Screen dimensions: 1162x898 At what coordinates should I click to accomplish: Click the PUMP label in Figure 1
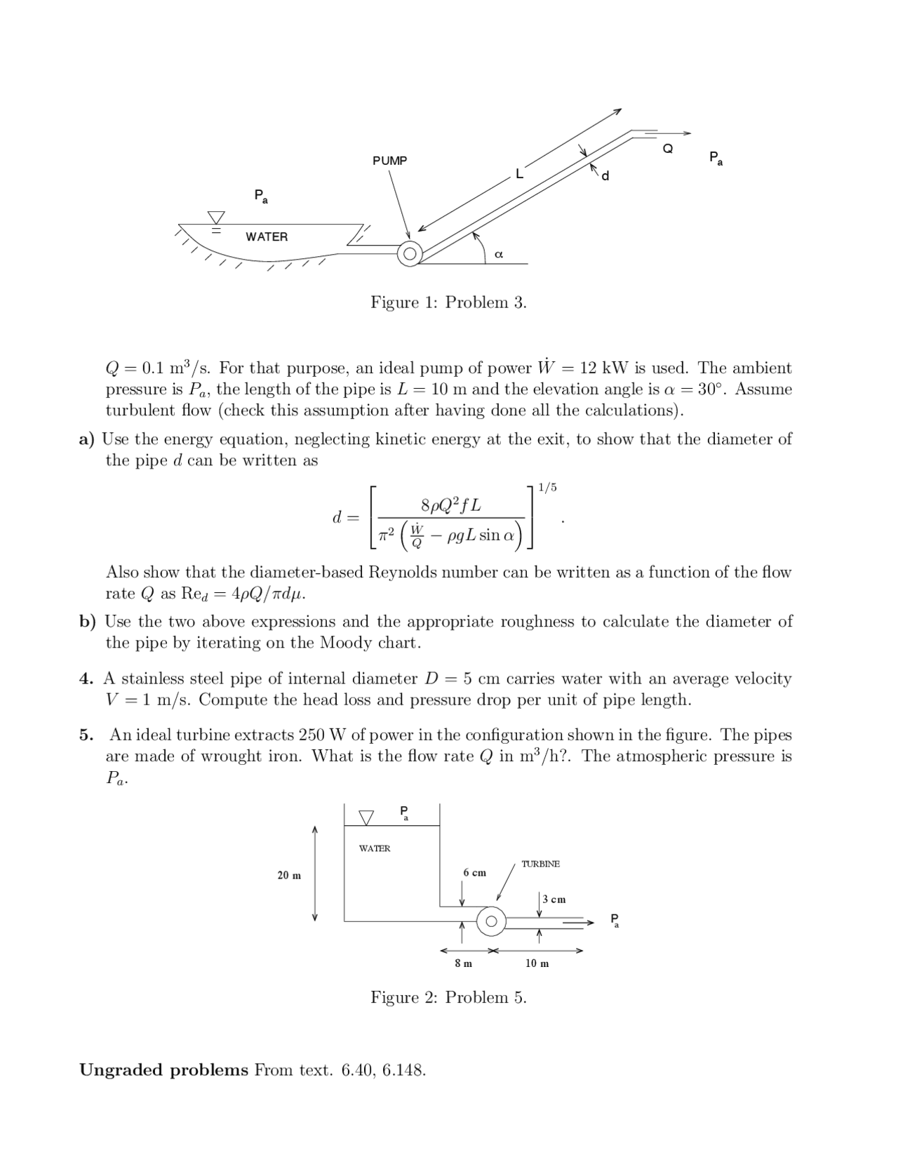tap(389, 161)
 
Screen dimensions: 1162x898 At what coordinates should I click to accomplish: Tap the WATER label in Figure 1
tap(267, 237)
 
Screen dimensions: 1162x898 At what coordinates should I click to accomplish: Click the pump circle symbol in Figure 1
tap(409, 254)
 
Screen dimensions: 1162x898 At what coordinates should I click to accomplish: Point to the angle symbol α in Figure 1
tap(498, 254)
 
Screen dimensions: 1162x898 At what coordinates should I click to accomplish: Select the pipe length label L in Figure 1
tap(519, 173)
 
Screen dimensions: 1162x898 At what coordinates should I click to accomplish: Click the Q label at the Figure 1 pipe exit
tap(668, 149)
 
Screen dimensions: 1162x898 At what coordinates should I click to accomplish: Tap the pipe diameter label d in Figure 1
tap(605, 175)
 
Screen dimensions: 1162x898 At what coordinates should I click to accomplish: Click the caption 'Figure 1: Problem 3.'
tap(448, 302)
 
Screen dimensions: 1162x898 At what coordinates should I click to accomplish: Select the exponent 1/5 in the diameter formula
tap(547, 487)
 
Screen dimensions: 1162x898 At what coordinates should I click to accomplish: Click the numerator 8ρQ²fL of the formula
tap(450, 505)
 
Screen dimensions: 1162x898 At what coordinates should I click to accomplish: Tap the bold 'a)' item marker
tap(86, 439)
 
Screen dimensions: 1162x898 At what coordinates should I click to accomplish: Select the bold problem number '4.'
tap(86, 679)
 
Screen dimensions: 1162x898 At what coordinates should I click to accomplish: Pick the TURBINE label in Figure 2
tap(540, 864)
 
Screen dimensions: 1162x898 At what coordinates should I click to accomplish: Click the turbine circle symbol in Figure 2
tap(491, 921)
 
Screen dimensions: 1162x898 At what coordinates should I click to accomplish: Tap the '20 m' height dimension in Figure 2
tap(289, 875)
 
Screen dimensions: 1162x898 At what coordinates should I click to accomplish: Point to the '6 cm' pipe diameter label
tap(474, 872)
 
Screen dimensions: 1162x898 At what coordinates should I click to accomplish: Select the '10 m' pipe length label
tap(537, 963)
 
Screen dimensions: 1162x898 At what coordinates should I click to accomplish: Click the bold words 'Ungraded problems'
tap(163, 1070)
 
